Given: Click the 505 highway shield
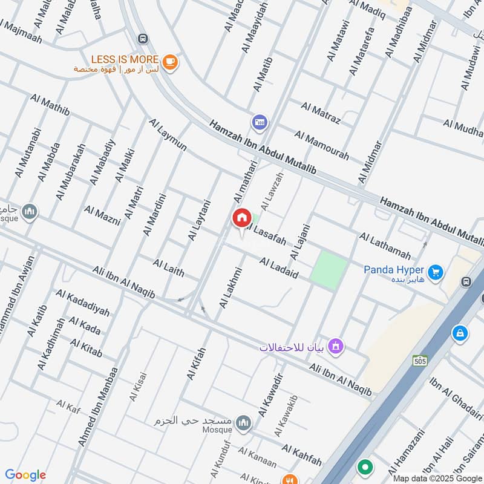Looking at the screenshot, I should (420, 361).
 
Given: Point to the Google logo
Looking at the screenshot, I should (25, 475).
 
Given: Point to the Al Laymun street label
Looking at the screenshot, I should (168, 134).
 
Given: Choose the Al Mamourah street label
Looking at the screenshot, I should (321, 145).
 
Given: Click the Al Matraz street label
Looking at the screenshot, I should (321, 113).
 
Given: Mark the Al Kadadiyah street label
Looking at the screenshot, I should (83, 302).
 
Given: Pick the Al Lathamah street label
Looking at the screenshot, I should (384, 245).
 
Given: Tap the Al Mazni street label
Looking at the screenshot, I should (102, 215).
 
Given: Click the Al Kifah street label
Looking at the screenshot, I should (197, 363).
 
